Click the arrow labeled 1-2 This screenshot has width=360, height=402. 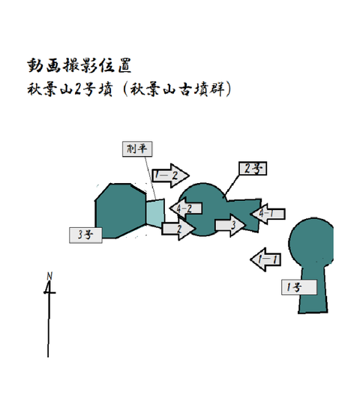(170, 175)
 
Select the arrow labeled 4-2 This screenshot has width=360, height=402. (186, 208)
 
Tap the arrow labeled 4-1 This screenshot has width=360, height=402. (268, 214)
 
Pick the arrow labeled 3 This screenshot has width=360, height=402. (230, 225)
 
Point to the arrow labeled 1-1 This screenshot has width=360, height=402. (265, 259)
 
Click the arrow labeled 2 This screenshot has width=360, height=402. (178, 229)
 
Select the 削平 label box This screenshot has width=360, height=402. (137, 148)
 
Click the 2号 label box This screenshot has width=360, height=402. (253, 169)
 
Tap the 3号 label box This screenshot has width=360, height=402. (85, 235)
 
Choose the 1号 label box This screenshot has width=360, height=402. (299, 287)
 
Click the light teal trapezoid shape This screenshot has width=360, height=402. (155, 213)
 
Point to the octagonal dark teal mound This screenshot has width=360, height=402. (121, 211)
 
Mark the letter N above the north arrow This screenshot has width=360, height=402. (49, 276)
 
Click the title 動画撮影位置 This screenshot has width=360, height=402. (79, 65)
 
